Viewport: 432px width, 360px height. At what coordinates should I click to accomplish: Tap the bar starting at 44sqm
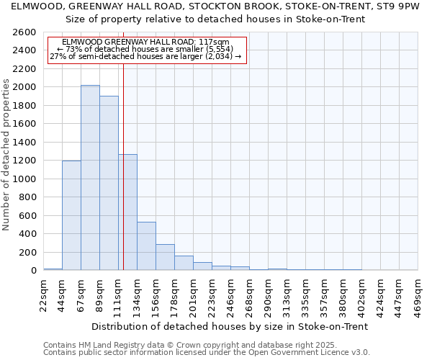tap(71, 215)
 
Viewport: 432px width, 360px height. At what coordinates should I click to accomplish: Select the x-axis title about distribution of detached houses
tap(230, 326)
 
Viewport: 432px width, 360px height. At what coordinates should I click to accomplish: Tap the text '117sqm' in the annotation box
tap(215, 42)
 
